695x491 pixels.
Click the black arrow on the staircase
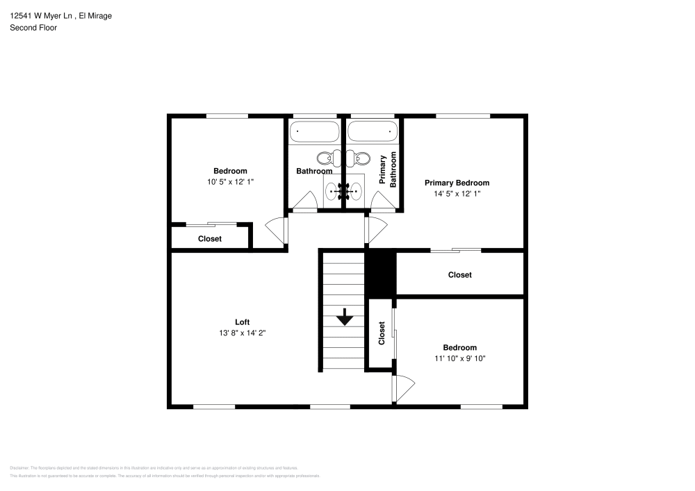[345, 318]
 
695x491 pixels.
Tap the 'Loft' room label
[242, 322]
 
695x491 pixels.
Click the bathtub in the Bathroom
[314, 131]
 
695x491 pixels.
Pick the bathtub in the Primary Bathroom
[372, 131]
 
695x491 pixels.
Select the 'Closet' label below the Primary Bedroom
[459, 275]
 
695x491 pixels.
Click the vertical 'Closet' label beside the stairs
[382, 333]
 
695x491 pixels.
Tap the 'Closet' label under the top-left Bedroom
[210, 239]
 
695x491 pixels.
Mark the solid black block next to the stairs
[380, 273]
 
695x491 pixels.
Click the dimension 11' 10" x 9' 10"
[460, 359]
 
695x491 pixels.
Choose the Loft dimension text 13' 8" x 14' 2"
[242, 333]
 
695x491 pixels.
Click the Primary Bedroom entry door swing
[376, 230]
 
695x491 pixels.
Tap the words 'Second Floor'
[33, 28]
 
